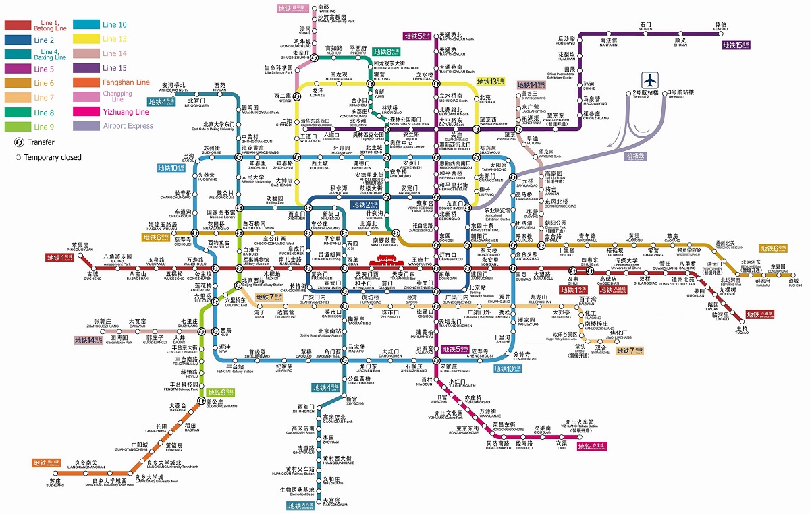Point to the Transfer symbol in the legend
19,142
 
